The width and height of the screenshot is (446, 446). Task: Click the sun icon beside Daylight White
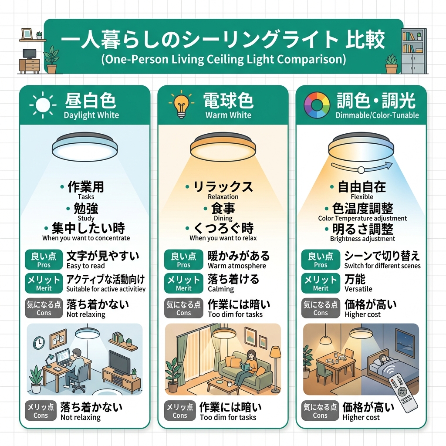click(43, 105)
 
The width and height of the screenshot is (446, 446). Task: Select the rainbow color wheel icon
click(317, 105)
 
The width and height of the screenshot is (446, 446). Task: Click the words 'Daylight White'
click(91, 115)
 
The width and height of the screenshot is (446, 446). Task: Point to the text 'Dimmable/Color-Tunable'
click(377, 115)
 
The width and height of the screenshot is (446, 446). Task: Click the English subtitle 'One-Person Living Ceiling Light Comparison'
click(223, 59)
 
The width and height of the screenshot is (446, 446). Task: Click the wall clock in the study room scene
click(39, 343)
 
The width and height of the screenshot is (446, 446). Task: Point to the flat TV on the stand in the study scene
click(119, 363)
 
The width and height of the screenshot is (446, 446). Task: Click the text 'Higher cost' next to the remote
click(361, 418)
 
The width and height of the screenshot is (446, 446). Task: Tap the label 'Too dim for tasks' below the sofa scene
click(228, 418)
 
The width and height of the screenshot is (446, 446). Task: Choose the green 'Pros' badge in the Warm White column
click(184, 260)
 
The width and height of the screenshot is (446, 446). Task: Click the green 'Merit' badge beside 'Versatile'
click(321, 283)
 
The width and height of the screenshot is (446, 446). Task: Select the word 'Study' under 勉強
click(86, 219)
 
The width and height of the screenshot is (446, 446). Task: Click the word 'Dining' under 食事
click(223, 219)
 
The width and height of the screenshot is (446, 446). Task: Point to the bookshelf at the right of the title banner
click(414, 51)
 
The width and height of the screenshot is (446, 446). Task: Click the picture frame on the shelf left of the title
click(27, 34)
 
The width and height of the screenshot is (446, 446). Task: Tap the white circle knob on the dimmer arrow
click(361, 170)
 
